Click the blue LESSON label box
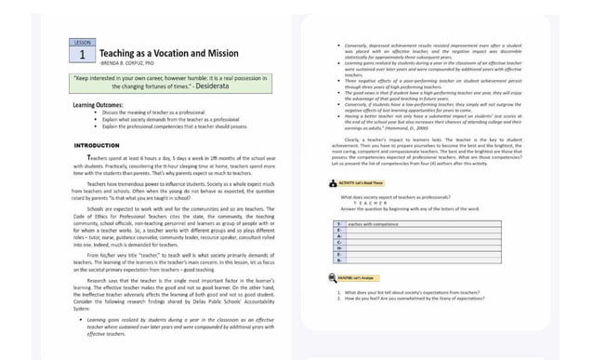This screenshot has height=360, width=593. [x=82, y=44]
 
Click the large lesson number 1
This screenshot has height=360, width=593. [x=82, y=56]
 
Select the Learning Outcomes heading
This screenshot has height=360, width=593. [x=99, y=105]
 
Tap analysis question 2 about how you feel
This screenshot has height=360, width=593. [x=422, y=299]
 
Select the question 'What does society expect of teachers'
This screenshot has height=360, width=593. [x=396, y=197]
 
